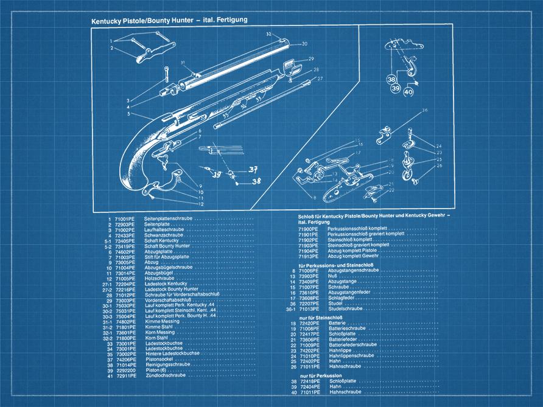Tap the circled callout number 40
click(407, 92)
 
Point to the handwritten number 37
click(253, 169)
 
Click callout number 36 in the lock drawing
click(425, 110)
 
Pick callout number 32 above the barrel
click(268, 34)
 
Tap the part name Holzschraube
click(159, 279)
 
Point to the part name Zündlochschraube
click(164, 376)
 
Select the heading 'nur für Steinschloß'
click(322, 317)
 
